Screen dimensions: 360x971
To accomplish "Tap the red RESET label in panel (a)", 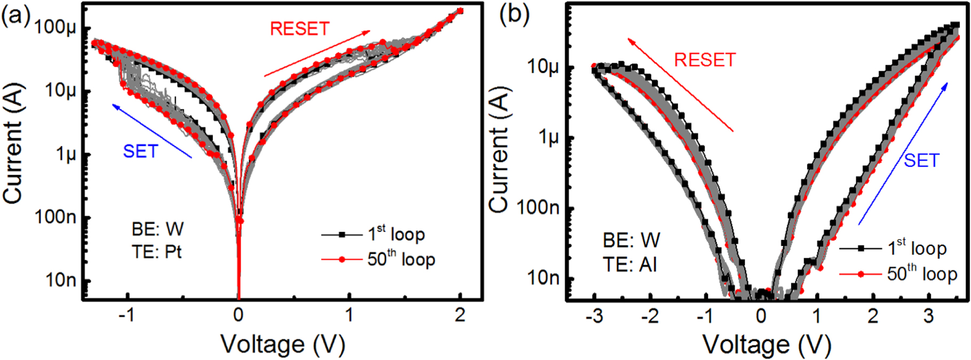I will point(299,29).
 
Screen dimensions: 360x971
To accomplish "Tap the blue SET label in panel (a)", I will point(140,151).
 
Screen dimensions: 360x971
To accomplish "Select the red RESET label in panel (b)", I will point(705,60).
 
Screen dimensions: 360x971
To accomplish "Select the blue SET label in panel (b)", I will point(921,161).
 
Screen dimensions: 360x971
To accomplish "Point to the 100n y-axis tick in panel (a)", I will point(55,217).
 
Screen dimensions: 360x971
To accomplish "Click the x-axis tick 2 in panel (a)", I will point(460,316).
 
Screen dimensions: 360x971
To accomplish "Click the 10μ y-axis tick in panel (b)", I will point(543,67).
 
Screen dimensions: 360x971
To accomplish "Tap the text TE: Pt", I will point(157,252).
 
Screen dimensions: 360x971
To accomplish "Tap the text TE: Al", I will point(630,265).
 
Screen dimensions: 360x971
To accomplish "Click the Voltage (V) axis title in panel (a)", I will point(283,345).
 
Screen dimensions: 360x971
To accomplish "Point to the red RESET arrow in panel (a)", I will point(317,54).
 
